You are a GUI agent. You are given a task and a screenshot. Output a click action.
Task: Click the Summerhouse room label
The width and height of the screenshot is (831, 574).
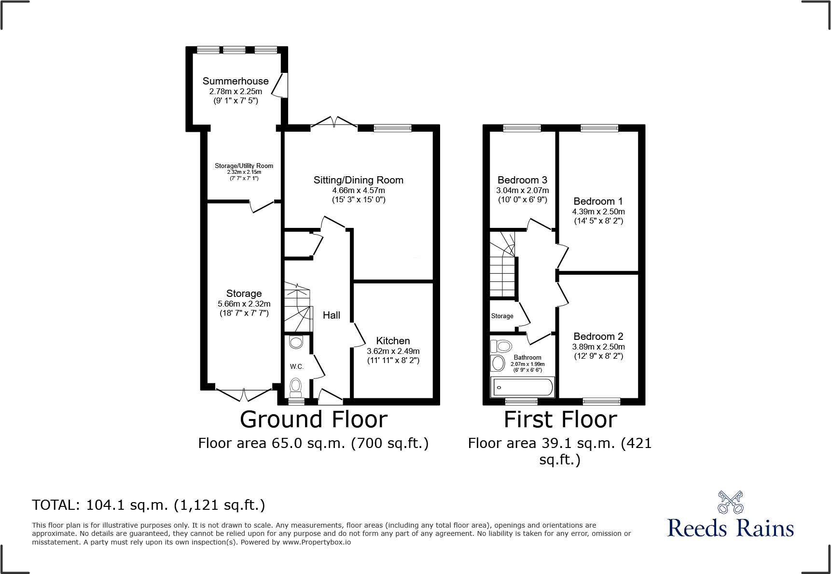click(235, 81)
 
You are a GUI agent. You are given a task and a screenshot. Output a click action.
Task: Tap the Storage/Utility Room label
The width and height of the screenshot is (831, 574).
click(244, 166)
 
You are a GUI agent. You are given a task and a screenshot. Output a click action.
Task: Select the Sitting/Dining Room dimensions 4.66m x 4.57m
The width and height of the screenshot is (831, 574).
click(358, 190)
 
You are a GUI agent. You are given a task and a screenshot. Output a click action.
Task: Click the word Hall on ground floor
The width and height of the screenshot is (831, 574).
click(331, 315)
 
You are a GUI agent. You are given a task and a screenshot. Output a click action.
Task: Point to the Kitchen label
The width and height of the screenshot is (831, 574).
click(393, 341)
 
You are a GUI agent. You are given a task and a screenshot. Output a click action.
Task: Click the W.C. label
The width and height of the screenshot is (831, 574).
click(296, 366)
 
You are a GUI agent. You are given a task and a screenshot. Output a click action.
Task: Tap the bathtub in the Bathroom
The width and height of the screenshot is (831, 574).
click(522, 387)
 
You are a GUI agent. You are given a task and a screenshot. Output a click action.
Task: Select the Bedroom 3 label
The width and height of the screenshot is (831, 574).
click(522, 180)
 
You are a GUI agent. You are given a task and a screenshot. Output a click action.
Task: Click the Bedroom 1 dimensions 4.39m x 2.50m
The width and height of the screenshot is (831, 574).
click(598, 211)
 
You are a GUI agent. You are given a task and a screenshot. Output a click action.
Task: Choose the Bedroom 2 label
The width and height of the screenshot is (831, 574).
click(598, 336)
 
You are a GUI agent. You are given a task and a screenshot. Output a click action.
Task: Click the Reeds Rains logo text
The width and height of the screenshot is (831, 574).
click(730, 528)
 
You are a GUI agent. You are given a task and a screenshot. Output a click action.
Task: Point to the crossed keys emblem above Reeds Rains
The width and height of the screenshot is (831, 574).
click(730, 503)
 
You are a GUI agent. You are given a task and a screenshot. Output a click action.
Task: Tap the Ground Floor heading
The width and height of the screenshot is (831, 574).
click(314, 419)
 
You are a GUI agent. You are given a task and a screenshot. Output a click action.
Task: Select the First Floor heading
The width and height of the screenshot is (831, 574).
click(560, 419)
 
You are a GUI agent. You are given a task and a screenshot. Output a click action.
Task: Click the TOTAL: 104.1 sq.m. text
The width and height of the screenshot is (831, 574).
click(148, 505)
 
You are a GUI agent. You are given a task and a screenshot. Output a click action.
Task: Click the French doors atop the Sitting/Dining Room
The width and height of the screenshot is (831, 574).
click(334, 123)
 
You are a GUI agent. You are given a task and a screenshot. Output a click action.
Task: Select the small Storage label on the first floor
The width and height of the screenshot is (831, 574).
click(502, 316)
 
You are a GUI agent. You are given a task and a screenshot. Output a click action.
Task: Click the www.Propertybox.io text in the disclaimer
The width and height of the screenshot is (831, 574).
click(316, 542)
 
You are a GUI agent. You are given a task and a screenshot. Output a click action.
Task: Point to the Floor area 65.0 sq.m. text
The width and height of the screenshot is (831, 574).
click(313, 443)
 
